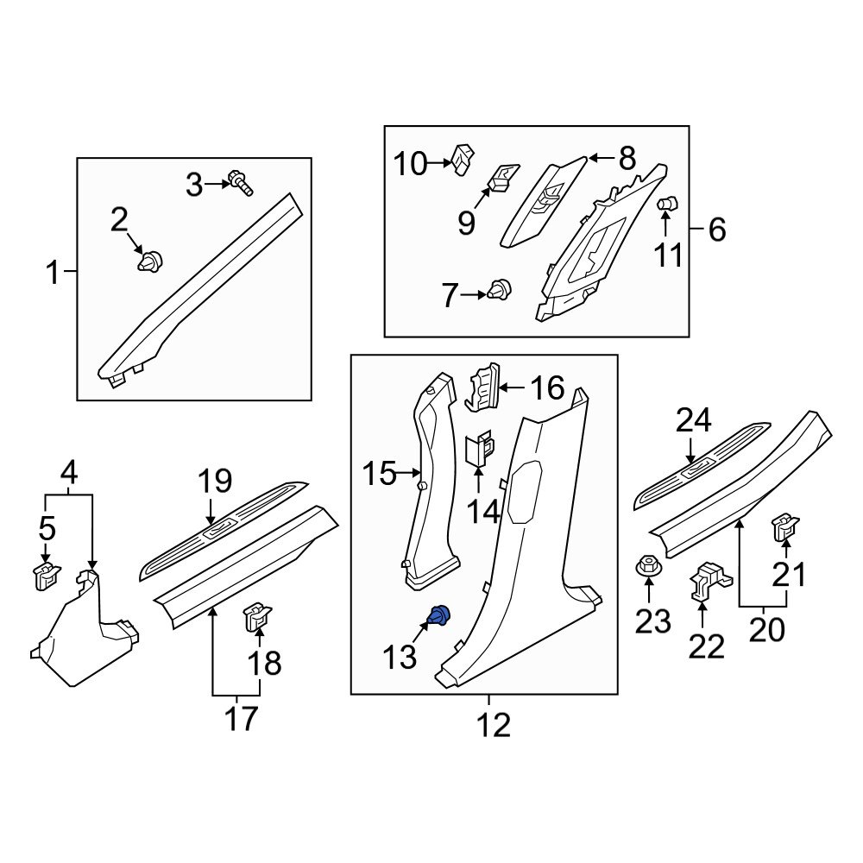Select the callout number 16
click(x=546, y=388)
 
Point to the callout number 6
click(x=716, y=230)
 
